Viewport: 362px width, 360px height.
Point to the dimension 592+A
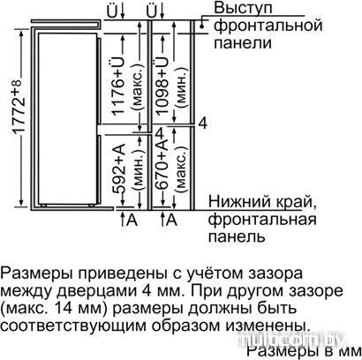[120, 169]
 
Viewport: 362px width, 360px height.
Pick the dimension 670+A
[162, 166]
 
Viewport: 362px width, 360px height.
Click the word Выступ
[243, 8]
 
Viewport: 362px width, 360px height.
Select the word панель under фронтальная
[237, 236]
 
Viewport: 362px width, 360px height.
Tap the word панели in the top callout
[242, 43]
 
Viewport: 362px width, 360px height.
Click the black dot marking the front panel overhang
[201, 26]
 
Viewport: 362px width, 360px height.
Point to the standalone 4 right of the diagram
[203, 123]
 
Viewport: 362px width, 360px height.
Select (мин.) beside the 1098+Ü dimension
[181, 86]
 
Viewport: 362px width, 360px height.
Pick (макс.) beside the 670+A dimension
[181, 169]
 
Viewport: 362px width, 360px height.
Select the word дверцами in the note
[94, 291]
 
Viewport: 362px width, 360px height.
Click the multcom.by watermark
[291, 341]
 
